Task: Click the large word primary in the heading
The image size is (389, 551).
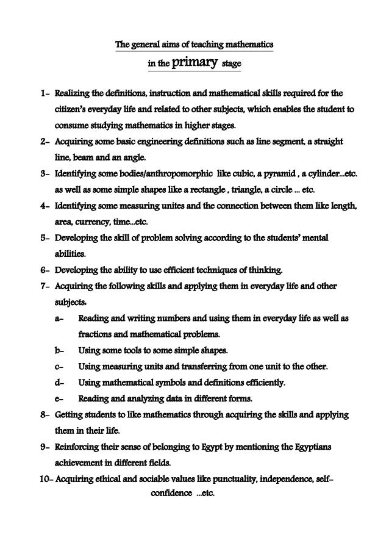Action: click(x=193, y=62)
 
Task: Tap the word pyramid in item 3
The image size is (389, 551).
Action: click(x=282, y=173)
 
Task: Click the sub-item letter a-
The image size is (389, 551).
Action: click(x=59, y=319)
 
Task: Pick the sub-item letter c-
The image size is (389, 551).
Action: click(x=59, y=366)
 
